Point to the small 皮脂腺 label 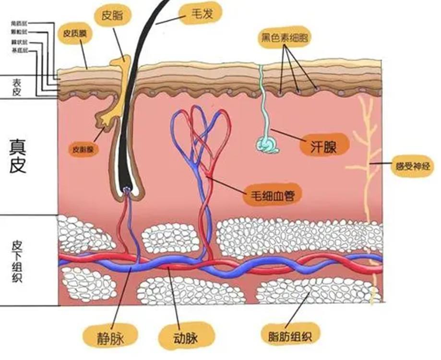point(84,149)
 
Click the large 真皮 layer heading point(21,155)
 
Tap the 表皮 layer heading point(16,87)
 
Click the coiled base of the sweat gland point(267,144)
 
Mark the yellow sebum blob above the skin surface point(121,64)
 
